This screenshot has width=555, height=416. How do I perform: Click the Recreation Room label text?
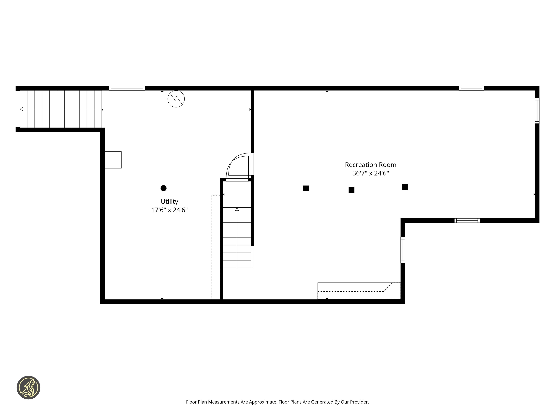pos(370,165)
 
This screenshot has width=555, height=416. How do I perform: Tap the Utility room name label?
pos(169,201)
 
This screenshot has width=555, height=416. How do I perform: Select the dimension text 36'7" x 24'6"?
pos(370,173)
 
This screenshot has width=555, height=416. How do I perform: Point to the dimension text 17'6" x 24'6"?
pos(169,210)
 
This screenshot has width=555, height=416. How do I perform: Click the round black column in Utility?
pos(163,188)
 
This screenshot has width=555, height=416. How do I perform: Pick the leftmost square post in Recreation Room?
pos(306,188)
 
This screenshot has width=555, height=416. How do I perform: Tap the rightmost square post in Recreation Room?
pos(405,187)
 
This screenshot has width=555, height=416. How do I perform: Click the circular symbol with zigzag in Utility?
pos(176,99)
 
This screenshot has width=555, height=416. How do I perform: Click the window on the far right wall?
pos(537,111)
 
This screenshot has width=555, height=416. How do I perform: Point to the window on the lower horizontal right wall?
pos(467,221)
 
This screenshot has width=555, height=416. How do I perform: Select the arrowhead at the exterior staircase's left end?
pos(21,109)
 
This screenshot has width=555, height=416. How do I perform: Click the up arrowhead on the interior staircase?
pos(237,209)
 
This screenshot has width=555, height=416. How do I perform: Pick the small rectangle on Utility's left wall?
pos(113,160)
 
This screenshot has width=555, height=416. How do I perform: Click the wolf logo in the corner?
pos(28,387)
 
